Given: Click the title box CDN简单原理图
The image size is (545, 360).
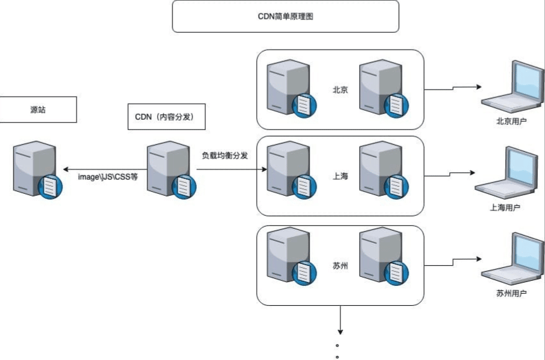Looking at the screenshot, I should coord(285,16).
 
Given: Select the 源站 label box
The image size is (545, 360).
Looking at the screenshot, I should coord(38,109).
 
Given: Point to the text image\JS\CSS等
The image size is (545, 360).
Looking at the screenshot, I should coord(108,176).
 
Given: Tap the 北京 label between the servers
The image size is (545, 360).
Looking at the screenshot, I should coord(340,90).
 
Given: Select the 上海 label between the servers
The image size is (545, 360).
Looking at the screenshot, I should coord(340,176).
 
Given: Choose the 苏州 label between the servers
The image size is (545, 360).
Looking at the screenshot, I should coord(340,265).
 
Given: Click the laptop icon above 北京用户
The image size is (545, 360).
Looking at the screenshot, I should coord(512,87).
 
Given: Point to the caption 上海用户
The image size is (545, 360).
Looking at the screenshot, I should coord(505,207).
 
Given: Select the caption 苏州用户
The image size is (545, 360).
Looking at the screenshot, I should coord(512,294).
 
